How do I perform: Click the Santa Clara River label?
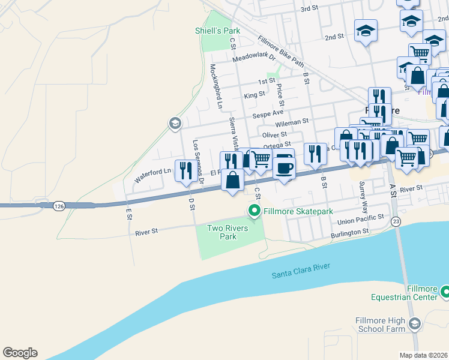coord(301,275)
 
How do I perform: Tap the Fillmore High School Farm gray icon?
coord(414,325)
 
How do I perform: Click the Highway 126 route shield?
coord(58,206)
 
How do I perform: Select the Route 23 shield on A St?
coord(396,221)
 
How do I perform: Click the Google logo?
coord(20,353)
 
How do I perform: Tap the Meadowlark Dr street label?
coord(253,58)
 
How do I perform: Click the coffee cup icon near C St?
coord(285,167)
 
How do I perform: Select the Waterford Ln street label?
coord(152,175)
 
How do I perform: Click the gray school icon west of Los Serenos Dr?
coord(174,124)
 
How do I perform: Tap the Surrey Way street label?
coord(362,193)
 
